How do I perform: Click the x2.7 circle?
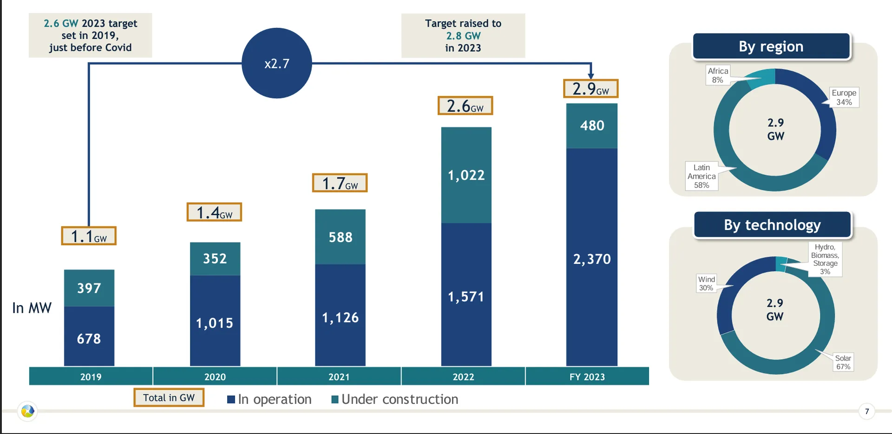[277, 63]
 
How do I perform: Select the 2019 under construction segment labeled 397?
[89, 288]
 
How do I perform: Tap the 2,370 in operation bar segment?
[592, 258]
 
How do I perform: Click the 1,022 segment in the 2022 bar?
[466, 175]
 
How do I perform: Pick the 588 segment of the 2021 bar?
[340, 237]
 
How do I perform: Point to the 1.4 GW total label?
[214, 212]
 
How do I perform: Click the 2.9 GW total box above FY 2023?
[590, 88]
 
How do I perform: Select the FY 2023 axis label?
[587, 377]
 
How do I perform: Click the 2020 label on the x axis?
[215, 377]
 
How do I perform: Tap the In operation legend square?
[231, 400]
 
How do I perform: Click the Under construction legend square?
[334, 400]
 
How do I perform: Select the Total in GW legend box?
[169, 398]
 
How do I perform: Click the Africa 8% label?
[718, 75]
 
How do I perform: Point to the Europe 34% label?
[844, 98]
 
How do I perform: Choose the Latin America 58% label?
[702, 176]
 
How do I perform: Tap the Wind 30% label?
[706, 283]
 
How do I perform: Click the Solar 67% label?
[843, 362]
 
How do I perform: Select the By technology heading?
[772, 225]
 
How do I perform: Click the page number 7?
[866, 411]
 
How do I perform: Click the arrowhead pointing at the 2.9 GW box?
[590, 76]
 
